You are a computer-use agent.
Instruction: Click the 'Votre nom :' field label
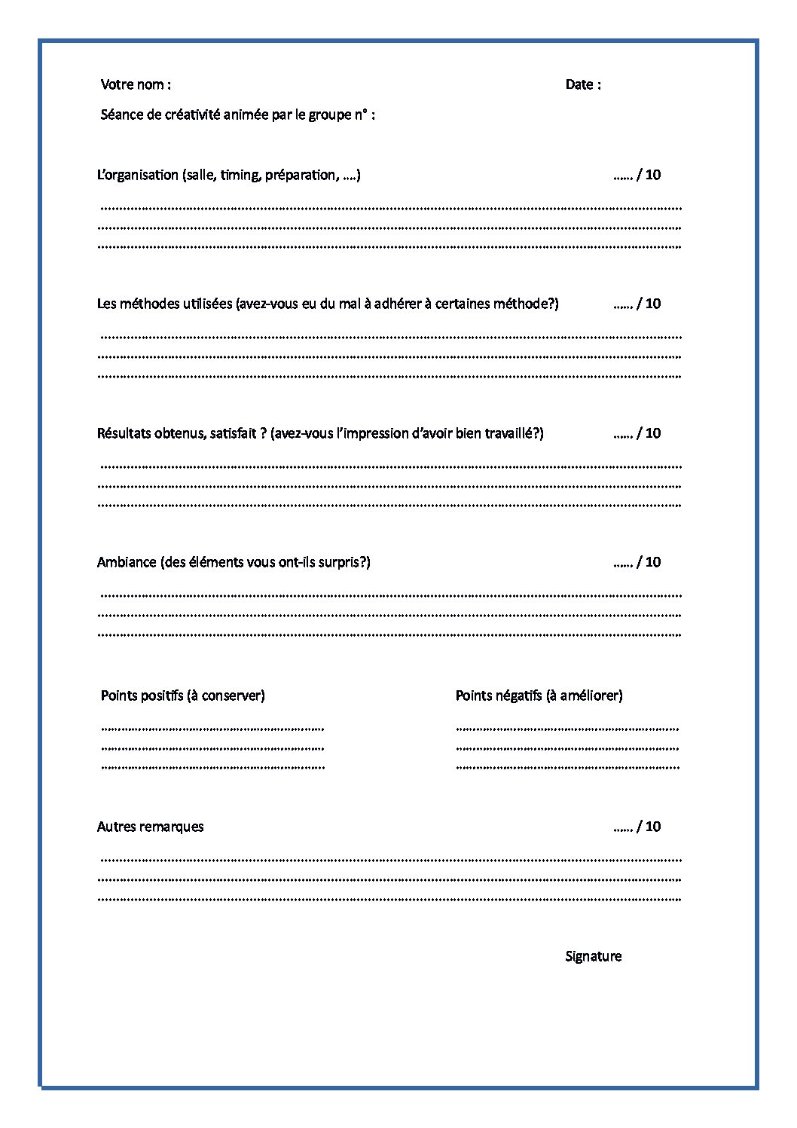[136, 84]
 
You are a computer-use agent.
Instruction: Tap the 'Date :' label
[583, 84]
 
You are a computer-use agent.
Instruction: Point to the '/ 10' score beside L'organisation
[649, 175]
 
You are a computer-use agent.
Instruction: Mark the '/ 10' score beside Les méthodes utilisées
[649, 304]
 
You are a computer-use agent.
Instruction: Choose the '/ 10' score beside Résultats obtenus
[649, 433]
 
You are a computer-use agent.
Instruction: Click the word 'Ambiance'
[127, 562]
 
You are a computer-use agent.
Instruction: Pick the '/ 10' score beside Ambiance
[649, 562]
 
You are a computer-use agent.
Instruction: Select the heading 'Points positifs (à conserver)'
[183, 695]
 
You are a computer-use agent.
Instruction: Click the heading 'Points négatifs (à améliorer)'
[539, 695]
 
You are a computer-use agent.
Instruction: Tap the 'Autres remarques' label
[151, 827]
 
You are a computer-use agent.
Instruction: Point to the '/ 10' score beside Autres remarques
[649, 827]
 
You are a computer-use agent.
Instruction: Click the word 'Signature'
[594, 956]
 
